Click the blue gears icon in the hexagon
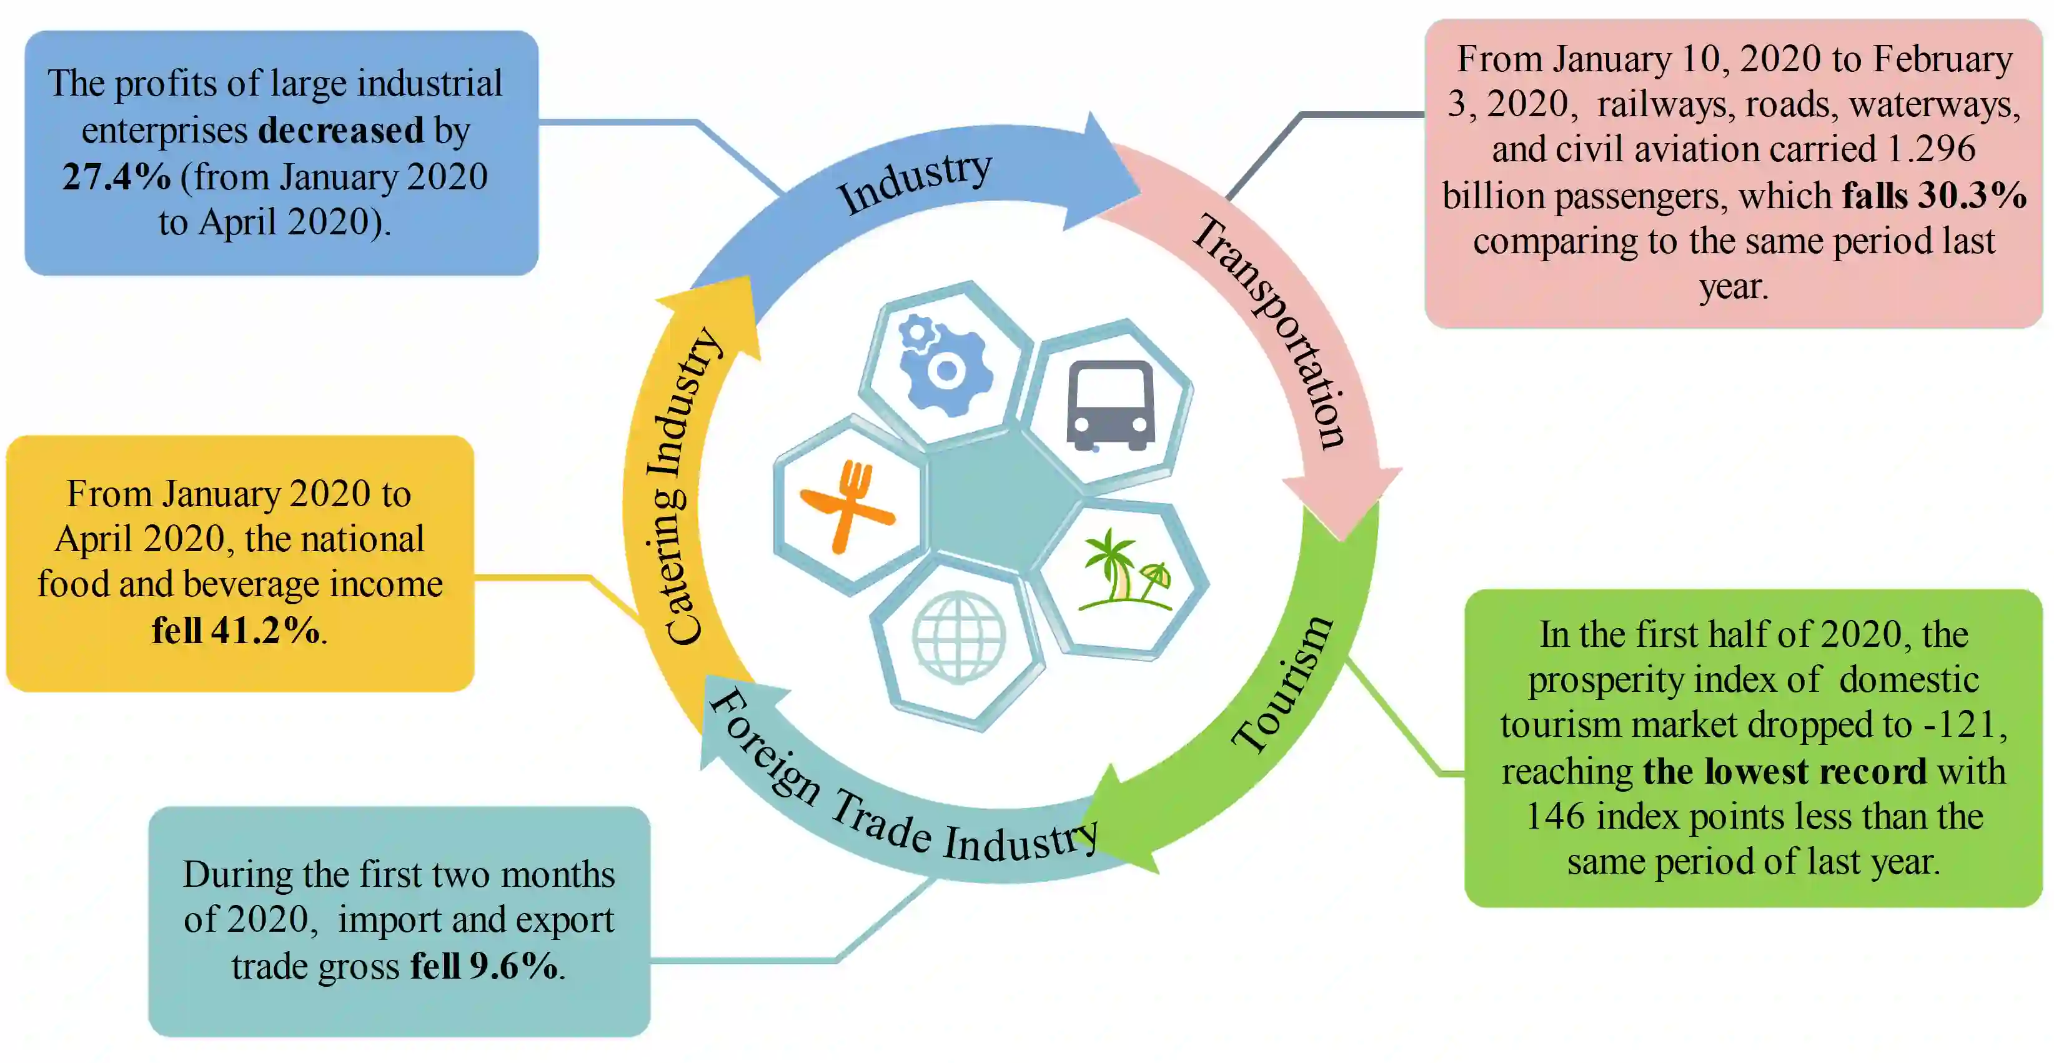(x=944, y=365)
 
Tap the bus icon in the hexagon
(x=1110, y=405)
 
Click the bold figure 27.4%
(x=116, y=177)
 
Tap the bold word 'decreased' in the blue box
(x=341, y=130)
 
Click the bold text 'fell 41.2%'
(x=236, y=631)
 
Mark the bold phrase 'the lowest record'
(x=1785, y=772)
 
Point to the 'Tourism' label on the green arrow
(x=1281, y=684)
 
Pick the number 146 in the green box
(x=1555, y=817)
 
